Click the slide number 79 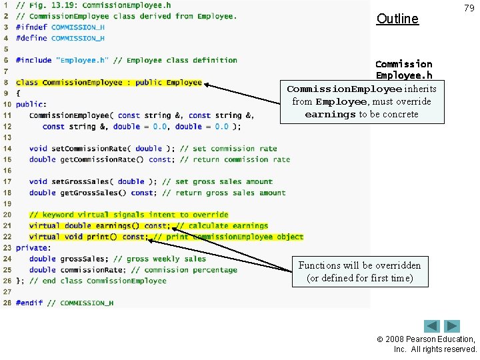click(x=469, y=8)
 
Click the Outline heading click(x=397, y=19)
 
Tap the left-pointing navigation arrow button click(x=433, y=327)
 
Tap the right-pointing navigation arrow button click(x=453, y=327)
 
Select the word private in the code click(x=31, y=248)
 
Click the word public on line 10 click(x=30, y=105)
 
